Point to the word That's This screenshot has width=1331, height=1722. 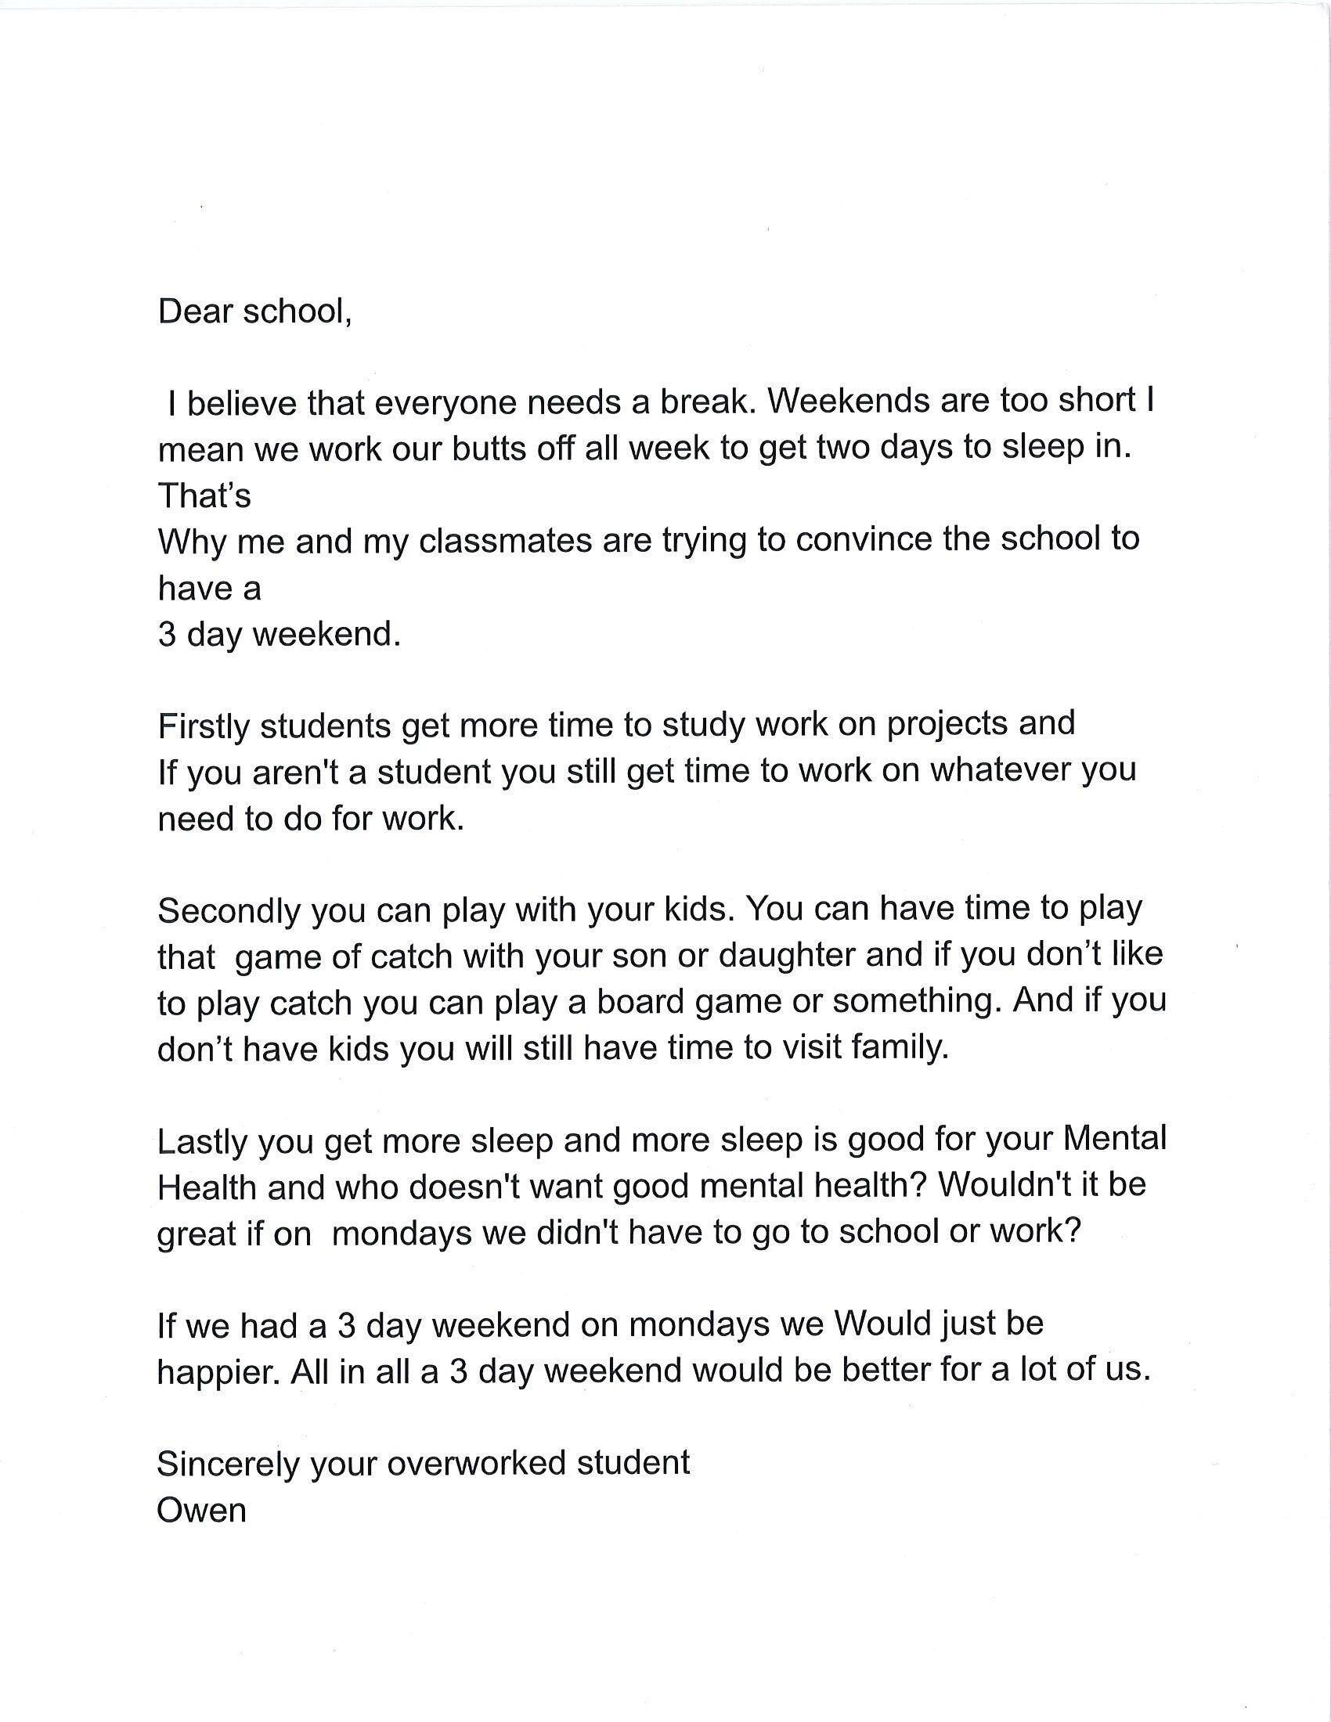pos(204,496)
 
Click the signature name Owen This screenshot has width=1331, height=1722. pos(202,1511)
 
